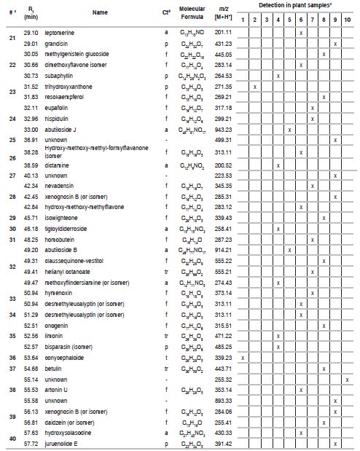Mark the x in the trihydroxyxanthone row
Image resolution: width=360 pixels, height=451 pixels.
254,86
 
